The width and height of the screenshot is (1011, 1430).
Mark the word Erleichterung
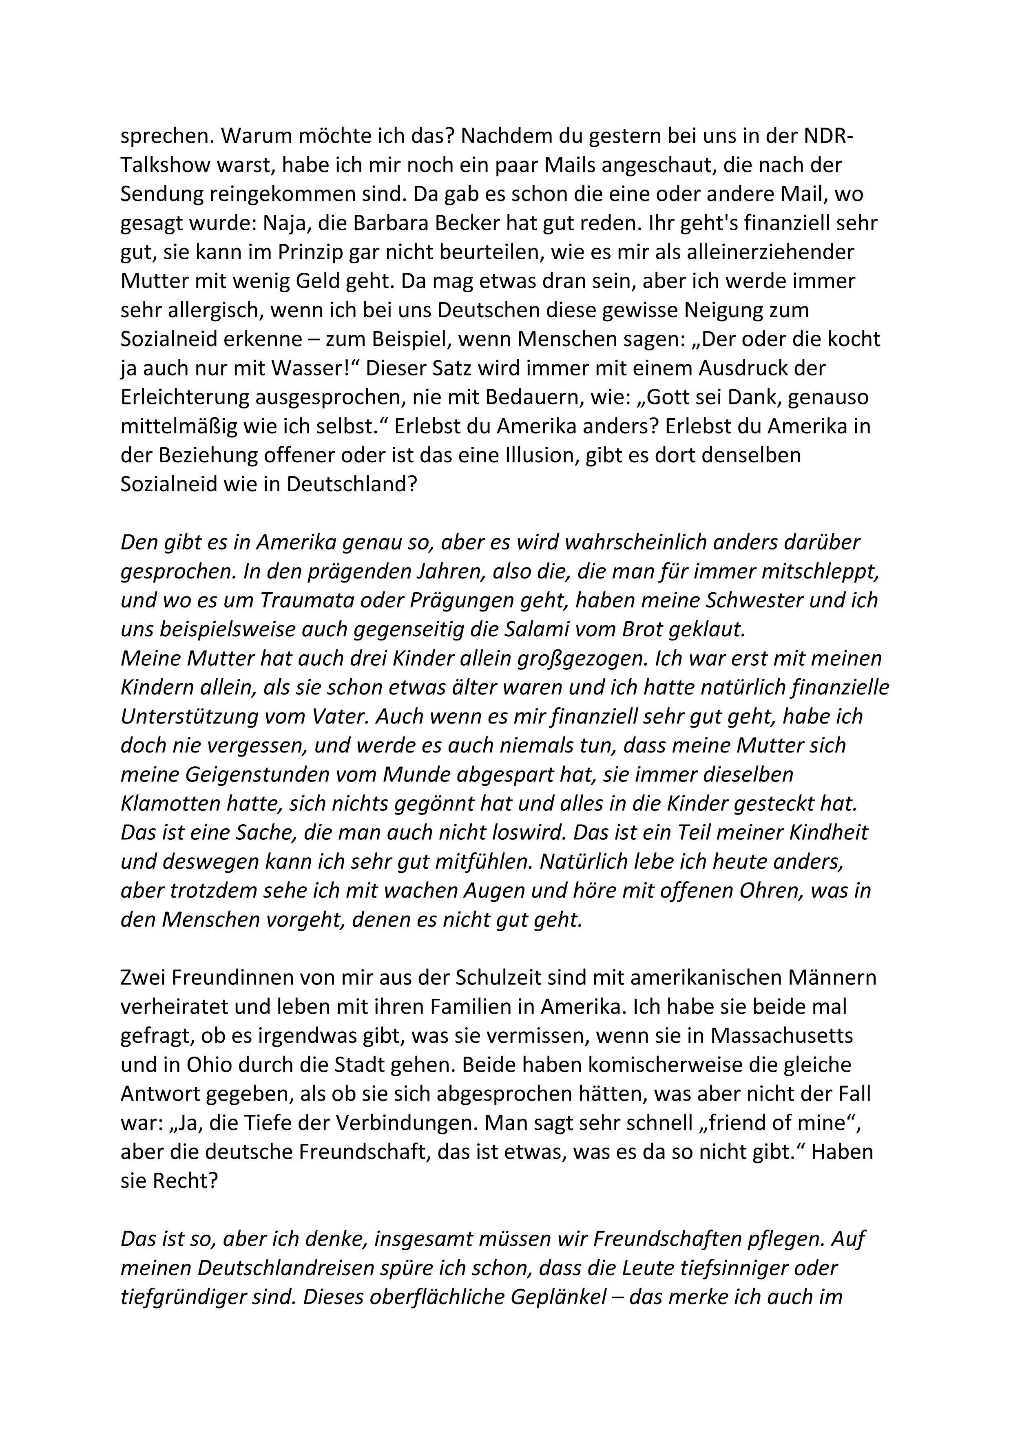point(193,397)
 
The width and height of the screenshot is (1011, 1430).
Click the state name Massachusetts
point(782,1035)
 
